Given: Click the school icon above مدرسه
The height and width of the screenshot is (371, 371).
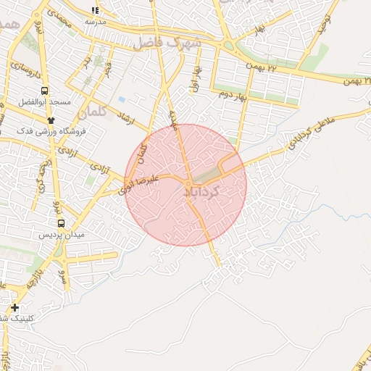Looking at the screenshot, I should (x=94, y=10).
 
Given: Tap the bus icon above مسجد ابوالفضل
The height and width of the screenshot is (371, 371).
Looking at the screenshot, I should (x=45, y=91).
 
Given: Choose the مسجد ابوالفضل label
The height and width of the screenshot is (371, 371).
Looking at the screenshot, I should (x=45, y=103).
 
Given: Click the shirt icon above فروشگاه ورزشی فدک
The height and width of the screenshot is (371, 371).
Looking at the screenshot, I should (x=51, y=120).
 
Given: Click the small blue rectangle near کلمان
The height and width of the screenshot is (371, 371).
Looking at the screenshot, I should (x=121, y=99).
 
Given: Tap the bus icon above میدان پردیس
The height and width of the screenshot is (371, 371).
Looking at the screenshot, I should (x=61, y=224).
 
